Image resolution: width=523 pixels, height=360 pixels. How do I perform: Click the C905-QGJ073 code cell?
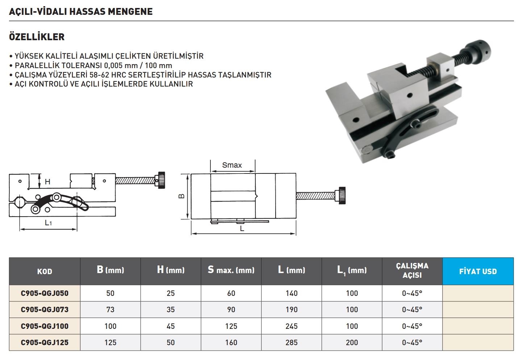[45, 310]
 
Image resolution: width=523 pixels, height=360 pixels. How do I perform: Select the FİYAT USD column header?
[478, 271]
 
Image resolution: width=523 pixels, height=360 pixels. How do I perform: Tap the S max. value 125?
[231, 326]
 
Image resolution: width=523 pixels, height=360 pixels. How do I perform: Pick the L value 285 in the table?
[292, 343]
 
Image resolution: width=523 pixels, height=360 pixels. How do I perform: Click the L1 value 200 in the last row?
[352, 343]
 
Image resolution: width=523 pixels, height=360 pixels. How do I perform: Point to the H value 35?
[171, 310]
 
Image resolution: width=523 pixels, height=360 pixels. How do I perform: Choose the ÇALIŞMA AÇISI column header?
[412, 271]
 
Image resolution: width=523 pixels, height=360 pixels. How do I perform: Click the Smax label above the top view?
[232, 165]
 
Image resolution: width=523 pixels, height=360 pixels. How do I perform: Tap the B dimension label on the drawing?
[181, 196]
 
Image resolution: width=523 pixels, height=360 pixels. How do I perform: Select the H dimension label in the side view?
[47, 182]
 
